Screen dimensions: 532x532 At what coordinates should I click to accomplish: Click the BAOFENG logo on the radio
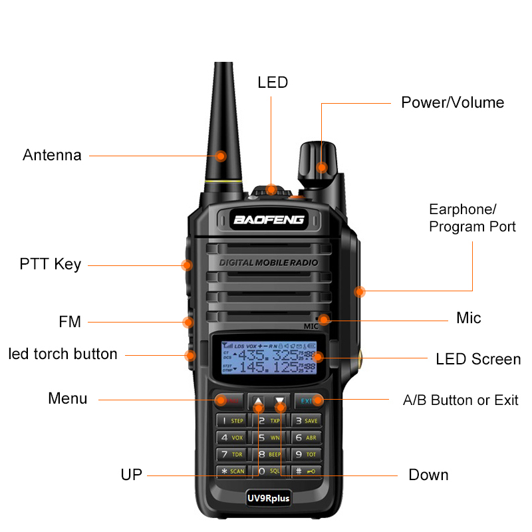coord(269,219)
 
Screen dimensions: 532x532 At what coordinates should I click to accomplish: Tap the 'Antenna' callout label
coord(52,156)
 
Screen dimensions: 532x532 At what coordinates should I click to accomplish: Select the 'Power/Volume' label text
coord(452,102)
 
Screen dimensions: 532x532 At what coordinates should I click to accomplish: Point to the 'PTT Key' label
coord(50,265)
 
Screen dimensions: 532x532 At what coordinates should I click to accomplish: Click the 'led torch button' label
coord(63,354)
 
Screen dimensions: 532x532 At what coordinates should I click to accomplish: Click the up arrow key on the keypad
coord(258,401)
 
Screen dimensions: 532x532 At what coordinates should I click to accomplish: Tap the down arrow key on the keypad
coord(280,401)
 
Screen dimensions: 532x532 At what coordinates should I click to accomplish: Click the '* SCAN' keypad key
coord(233,471)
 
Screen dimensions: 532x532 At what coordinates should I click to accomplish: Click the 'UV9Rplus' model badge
coord(269,497)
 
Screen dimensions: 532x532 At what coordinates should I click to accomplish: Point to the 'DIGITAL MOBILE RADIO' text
coord(269,263)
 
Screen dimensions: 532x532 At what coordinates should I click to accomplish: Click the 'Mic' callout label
coord(468,318)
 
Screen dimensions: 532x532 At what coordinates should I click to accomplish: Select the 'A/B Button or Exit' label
coord(460,400)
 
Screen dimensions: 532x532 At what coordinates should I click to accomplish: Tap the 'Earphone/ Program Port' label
coord(472,218)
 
